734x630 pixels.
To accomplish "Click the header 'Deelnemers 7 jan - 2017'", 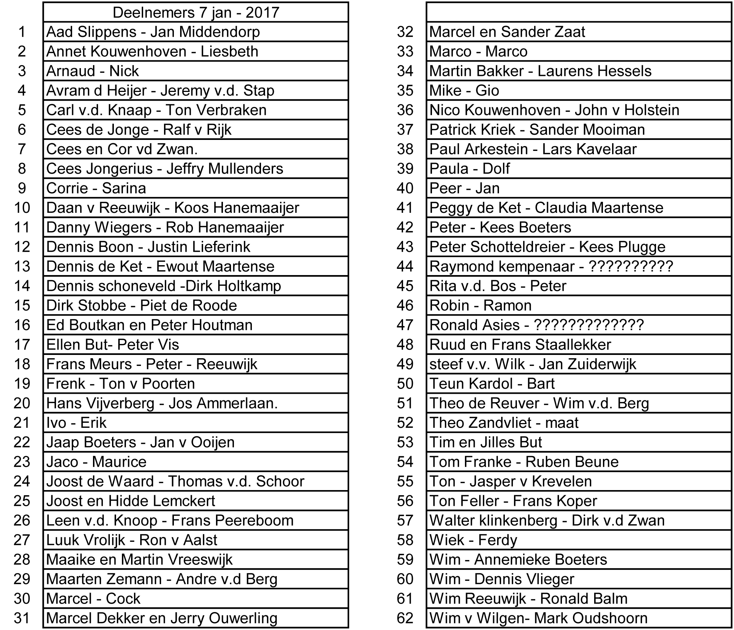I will click(196, 12).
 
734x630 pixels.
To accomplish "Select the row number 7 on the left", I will click(22, 149).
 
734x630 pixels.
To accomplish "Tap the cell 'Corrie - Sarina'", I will click(96, 188).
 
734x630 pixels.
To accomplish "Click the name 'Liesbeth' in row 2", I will click(229, 51).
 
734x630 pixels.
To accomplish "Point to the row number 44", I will click(405, 266).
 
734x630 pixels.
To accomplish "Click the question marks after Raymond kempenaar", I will click(630, 266).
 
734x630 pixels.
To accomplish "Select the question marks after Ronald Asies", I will click(589, 325).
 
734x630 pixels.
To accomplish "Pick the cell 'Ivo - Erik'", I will click(76, 423).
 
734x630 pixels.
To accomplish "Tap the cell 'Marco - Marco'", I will click(478, 51).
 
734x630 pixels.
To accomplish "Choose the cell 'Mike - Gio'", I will click(464, 90).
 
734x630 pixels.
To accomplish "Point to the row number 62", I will click(405, 618).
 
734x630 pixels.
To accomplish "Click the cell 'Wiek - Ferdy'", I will click(473, 540).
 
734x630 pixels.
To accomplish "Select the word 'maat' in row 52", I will click(562, 423).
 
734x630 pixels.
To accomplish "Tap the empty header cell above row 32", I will click(579, 12).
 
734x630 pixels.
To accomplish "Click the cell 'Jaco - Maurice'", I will click(96, 462).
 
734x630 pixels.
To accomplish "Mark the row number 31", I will click(22, 618).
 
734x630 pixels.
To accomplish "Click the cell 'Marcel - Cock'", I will click(93, 598).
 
